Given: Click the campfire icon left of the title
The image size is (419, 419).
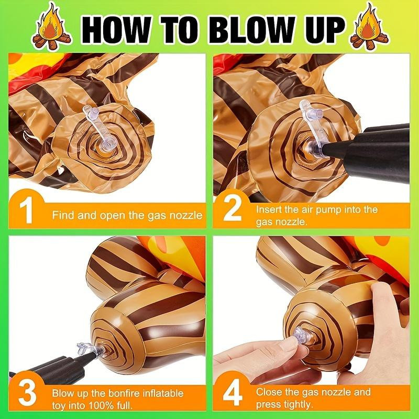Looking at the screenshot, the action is click(x=51, y=27).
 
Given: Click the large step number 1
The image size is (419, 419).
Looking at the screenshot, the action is click(x=27, y=210).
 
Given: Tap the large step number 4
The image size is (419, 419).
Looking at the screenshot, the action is click(x=233, y=392).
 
